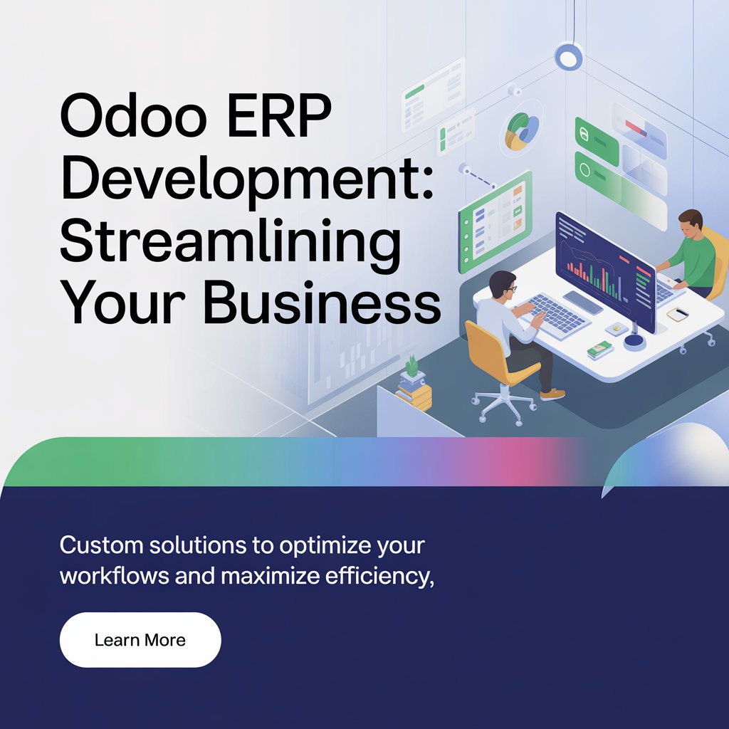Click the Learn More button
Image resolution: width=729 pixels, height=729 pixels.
click(x=140, y=640)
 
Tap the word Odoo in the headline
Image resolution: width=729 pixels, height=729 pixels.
click(x=133, y=115)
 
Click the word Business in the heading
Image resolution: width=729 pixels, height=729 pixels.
click(x=322, y=303)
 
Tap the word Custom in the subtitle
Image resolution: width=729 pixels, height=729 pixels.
click(x=101, y=545)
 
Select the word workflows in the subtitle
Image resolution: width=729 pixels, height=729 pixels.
click(x=115, y=576)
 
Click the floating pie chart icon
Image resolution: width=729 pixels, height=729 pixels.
click(x=522, y=132)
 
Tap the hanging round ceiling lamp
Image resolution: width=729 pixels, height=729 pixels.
click(x=569, y=56)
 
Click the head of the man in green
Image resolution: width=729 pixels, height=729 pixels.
click(x=691, y=223)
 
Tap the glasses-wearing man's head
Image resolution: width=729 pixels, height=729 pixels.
click(x=503, y=286)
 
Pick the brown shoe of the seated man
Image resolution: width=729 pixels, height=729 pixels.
click(x=552, y=394)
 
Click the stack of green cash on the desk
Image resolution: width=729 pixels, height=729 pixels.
click(x=599, y=349)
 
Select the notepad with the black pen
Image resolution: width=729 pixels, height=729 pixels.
click(x=678, y=314)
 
